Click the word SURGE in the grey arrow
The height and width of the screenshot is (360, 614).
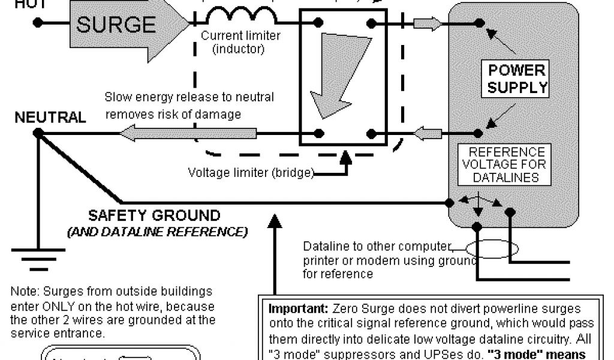[116, 25]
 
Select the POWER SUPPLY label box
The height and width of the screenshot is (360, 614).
[516, 79]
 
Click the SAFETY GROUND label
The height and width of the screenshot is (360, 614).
[154, 215]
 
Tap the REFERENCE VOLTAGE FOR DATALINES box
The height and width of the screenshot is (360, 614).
[507, 164]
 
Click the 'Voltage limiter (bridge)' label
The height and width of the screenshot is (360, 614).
[251, 173]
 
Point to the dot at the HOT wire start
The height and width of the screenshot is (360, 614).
[38, 23]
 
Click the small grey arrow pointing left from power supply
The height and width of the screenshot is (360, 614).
[428, 133]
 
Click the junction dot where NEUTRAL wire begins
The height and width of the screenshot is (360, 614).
[38, 133]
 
